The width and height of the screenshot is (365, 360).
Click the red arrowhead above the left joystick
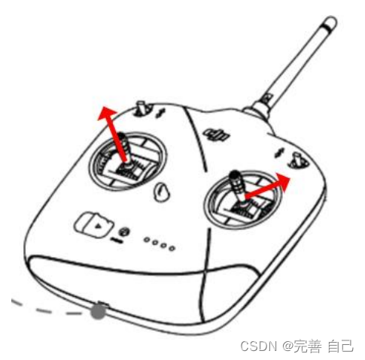coord(107,114)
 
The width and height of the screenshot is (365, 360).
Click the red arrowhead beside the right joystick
coord(282,181)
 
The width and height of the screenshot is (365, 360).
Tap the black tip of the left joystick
coord(121,137)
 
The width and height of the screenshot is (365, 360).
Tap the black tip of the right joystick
coord(235,174)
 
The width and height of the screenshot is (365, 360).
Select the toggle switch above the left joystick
coord(142,108)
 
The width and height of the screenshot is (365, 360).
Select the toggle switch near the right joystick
coord(298,161)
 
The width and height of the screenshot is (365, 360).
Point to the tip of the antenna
coord(330,23)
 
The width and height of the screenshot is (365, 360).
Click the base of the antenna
coord(258,110)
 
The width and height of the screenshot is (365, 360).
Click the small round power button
coord(124,232)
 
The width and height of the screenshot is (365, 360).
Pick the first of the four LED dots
coord(147,240)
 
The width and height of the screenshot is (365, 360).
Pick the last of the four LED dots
coord(172,249)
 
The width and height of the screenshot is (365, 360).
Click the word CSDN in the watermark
coord(259,346)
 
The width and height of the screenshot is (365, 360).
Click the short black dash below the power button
coord(117,241)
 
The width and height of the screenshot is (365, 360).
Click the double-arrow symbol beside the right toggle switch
coord(278,153)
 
